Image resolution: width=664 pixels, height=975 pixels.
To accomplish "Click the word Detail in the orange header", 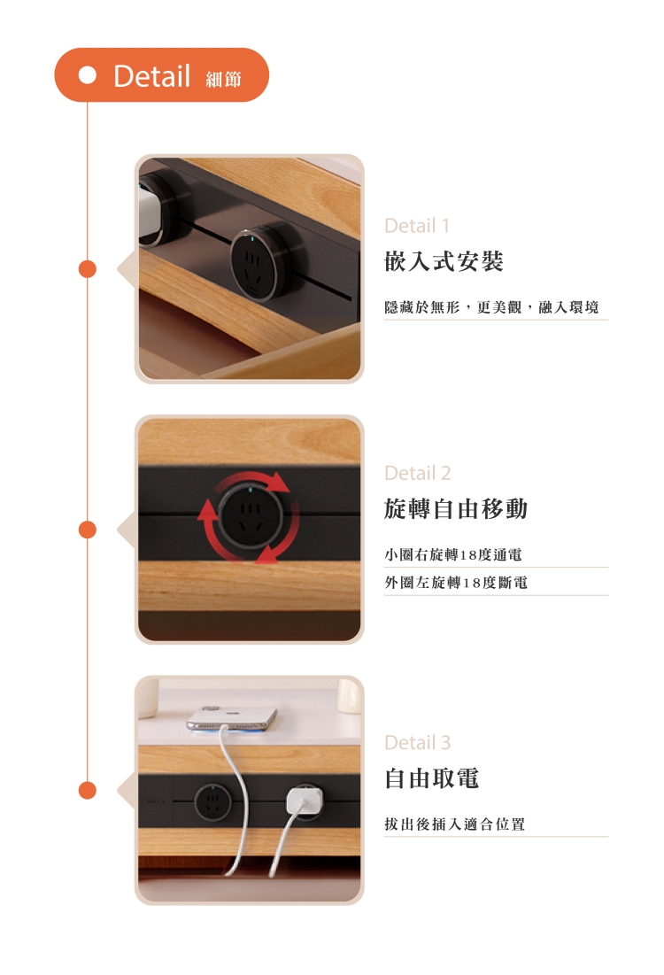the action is pyautogui.click(x=151, y=76).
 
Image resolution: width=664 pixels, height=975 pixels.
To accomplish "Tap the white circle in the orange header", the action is pyautogui.click(x=88, y=75).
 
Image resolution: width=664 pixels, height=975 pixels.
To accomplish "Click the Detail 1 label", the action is pyautogui.click(x=417, y=225).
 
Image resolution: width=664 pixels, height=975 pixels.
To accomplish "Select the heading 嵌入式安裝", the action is pyautogui.click(x=444, y=261).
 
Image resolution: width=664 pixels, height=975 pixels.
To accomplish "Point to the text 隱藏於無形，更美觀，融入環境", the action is pyautogui.click(x=491, y=307).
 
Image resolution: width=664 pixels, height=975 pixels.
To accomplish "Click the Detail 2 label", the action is pyautogui.click(x=417, y=473).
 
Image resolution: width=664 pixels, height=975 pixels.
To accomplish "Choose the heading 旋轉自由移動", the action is pyautogui.click(x=456, y=508).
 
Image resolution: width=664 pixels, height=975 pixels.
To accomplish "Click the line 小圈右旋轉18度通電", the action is pyautogui.click(x=453, y=554).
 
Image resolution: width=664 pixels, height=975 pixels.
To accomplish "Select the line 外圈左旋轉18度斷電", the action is pyautogui.click(x=456, y=583).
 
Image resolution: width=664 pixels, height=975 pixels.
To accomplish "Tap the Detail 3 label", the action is pyautogui.click(x=417, y=742).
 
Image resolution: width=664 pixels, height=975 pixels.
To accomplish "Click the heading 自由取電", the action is pyautogui.click(x=431, y=778).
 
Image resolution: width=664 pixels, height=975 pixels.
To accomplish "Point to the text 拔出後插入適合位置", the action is pyautogui.click(x=454, y=824).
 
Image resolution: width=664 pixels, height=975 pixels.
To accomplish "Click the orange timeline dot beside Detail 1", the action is pyautogui.click(x=88, y=269).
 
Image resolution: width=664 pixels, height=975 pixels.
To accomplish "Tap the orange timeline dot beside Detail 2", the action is pyautogui.click(x=88, y=530).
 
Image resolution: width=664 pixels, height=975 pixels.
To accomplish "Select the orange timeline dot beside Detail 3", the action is pyautogui.click(x=88, y=790).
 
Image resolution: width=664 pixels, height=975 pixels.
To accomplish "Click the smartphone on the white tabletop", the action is pyautogui.click(x=232, y=717).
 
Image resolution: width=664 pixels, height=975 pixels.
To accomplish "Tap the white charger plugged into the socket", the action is pyautogui.click(x=305, y=801).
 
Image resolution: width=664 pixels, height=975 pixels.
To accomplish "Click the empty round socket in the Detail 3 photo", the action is pyautogui.click(x=212, y=802).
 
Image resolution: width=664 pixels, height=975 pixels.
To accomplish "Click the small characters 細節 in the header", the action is pyautogui.click(x=223, y=79).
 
